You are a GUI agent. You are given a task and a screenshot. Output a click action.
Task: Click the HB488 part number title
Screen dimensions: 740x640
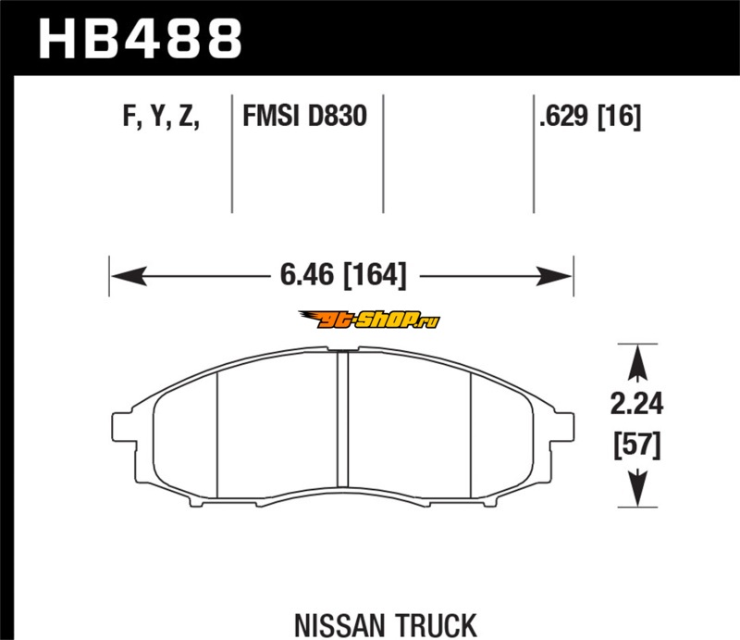tap(141, 39)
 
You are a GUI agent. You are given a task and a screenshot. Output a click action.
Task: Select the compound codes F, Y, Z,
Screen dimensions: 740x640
tap(161, 117)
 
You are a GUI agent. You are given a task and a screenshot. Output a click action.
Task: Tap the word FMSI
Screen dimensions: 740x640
tap(271, 116)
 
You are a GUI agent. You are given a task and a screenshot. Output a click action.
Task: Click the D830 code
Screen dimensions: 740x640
tap(337, 116)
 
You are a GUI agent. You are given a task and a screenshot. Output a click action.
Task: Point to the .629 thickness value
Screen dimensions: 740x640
tap(564, 116)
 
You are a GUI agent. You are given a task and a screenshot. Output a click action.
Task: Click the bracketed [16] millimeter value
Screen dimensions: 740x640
tap(620, 117)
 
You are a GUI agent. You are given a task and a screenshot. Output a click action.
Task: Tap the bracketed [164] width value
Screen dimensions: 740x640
tap(376, 275)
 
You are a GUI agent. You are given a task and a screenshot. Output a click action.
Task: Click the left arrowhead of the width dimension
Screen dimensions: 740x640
tap(129, 276)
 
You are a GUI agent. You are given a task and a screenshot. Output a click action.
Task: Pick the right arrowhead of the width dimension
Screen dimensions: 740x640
tap(554, 276)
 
